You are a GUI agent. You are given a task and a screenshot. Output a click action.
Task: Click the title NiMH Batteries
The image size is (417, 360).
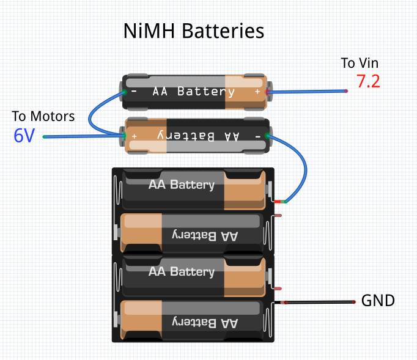point(194,31)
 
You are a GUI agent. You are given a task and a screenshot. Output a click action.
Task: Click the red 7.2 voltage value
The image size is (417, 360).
point(368,82)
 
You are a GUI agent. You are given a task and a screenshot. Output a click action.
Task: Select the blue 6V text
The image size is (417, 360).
point(24,136)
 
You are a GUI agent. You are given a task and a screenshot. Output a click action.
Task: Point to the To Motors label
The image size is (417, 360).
point(43,116)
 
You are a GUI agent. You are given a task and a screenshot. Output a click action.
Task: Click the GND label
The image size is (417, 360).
point(378,301)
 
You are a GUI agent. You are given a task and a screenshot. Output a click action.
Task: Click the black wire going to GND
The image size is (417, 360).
point(318,302)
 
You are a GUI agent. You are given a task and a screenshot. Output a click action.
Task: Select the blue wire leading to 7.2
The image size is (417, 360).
point(306,92)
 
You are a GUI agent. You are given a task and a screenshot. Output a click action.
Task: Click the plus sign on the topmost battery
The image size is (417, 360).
point(257,92)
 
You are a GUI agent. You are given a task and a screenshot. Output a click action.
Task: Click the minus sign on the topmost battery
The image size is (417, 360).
point(135,92)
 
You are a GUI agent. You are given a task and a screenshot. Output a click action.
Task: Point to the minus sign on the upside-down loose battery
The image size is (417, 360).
point(257,135)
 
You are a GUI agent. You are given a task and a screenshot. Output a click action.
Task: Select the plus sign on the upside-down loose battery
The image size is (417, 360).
point(135,135)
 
